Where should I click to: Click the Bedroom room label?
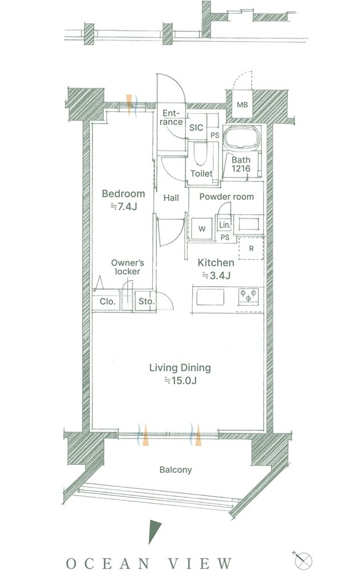coord(123,194)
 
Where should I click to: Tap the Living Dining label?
coord(180,368)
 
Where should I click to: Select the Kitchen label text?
coord(216,263)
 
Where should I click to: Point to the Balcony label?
coord(176,470)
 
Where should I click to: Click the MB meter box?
coord(242,105)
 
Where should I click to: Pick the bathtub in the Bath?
coord(242,138)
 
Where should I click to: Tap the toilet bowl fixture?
coord(200,153)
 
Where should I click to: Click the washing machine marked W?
coord(202,229)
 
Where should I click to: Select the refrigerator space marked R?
coord(251,248)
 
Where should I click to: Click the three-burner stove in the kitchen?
coord(249,295)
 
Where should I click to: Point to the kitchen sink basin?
coord(211,297)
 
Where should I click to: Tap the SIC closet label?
coord(196,128)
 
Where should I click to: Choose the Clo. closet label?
coord(107,302)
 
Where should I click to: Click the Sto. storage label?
coord(146,302)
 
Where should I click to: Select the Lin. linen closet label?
coord(225,225)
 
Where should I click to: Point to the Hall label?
coord(171,198)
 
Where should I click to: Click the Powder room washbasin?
coord(249,224)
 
